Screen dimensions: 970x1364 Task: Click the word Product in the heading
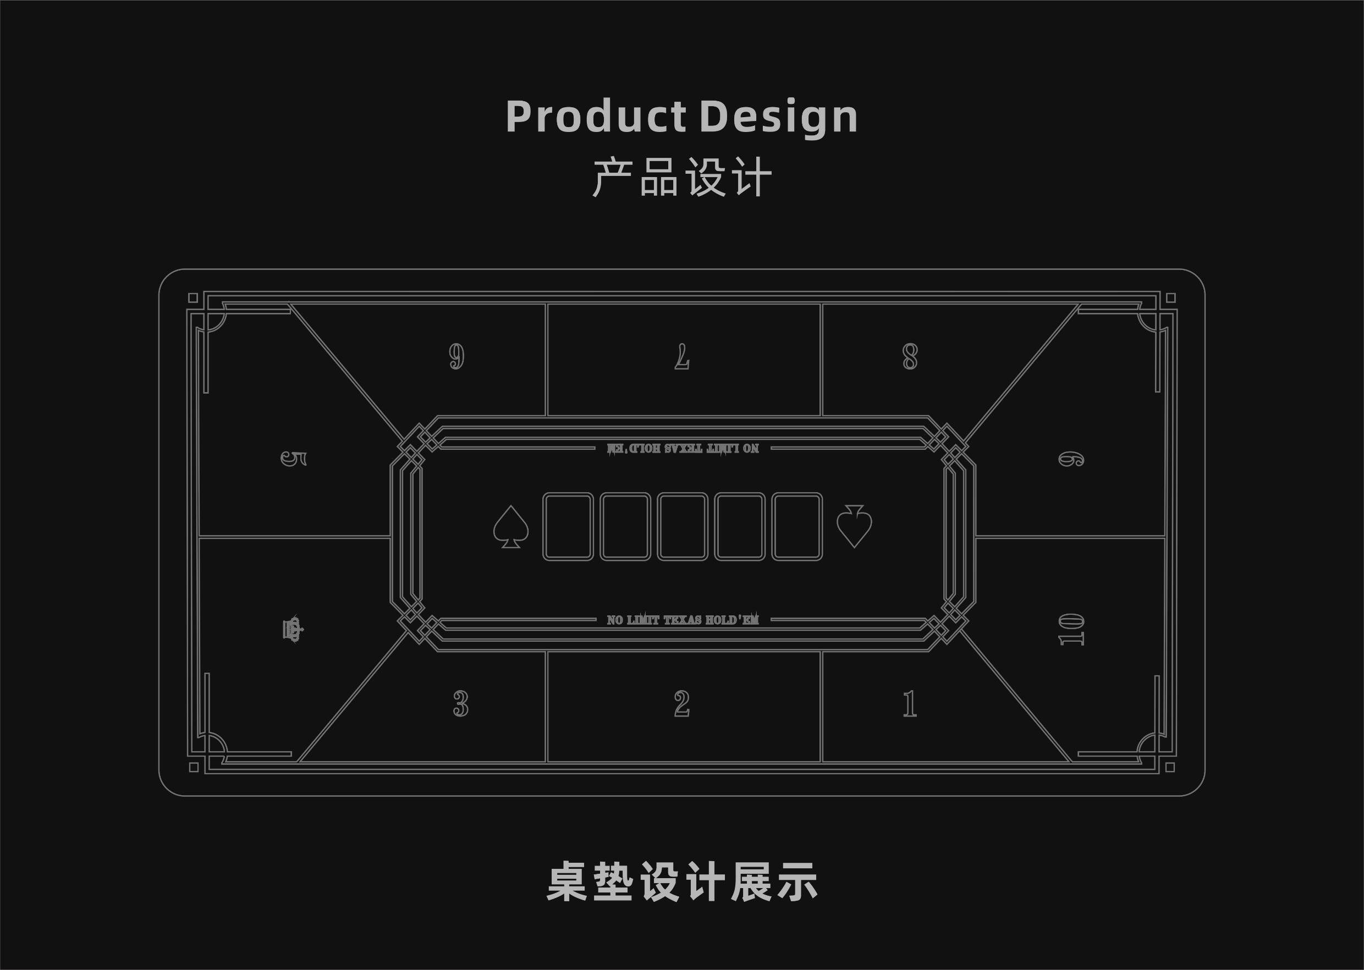point(595,117)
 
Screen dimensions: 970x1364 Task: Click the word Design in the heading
point(778,118)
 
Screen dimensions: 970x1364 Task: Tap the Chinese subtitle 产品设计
point(681,178)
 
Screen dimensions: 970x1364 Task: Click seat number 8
point(909,357)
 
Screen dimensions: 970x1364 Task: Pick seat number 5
point(294,459)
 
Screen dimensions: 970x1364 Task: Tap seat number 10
point(1071,630)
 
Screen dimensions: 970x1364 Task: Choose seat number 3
point(460,704)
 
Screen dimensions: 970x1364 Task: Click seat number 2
point(681,704)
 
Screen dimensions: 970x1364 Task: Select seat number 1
point(909,704)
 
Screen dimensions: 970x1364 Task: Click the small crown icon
point(293,629)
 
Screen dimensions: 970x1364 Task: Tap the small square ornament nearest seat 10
point(1170,768)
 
